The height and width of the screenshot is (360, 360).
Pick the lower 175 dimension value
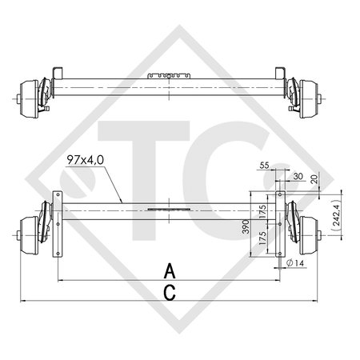point(264,238)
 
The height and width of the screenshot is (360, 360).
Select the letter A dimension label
point(169,268)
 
